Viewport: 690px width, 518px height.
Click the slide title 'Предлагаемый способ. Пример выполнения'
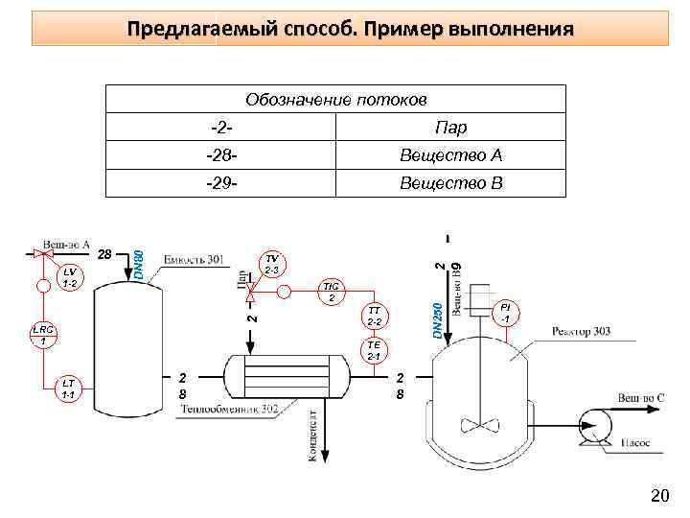point(351,29)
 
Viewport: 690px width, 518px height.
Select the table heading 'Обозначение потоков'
point(335,100)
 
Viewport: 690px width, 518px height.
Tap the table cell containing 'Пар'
point(450,128)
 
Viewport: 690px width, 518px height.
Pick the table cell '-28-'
point(221,155)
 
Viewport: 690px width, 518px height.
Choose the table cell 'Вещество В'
point(450,183)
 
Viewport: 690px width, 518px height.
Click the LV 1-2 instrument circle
point(69,278)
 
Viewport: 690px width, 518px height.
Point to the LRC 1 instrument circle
point(43,335)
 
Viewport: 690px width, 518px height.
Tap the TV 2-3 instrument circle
point(272,265)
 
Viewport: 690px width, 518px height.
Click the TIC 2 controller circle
point(331,293)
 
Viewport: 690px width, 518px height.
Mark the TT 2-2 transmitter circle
point(374,316)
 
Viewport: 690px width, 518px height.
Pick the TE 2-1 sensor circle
point(374,351)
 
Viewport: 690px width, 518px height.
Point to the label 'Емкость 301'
point(194,259)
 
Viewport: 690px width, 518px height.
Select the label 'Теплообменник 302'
point(230,410)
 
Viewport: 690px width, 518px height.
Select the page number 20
point(659,495)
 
